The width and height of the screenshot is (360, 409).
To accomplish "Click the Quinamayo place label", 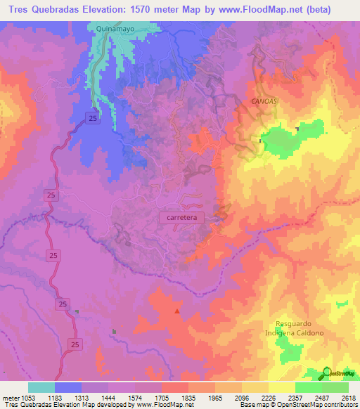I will (x=110, y=30).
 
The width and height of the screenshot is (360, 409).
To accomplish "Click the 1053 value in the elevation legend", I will (x=27, y=397).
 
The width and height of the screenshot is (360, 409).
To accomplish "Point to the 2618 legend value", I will (x=348, y=397).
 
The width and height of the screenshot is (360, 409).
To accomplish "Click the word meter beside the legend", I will (x=9, y=397).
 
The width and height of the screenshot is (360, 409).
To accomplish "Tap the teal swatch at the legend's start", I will (x=41, y=387).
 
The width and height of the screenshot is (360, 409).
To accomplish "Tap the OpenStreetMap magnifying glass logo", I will (x=326, y=372).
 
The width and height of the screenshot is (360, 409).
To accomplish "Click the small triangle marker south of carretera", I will (x=176, y=310).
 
